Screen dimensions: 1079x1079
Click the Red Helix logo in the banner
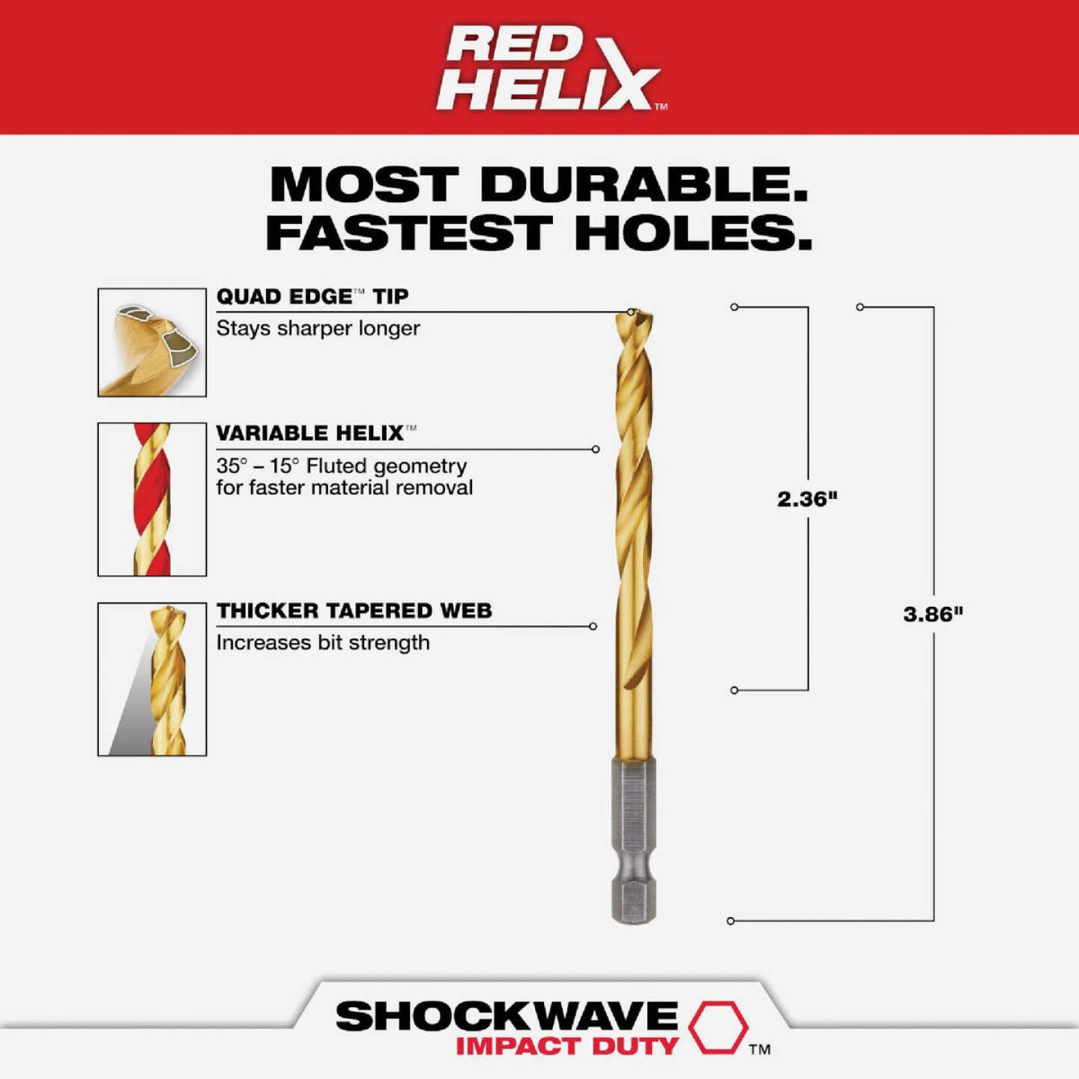(x=551, y=68)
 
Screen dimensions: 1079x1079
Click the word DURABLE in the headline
(x=644, y=184)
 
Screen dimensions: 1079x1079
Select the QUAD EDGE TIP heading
(x=312, y=297)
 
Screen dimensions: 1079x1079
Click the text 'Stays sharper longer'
(x=318, y=328)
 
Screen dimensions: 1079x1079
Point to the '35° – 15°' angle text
(x=257, y=466)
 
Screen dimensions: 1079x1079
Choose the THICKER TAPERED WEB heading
(x=354, y=611)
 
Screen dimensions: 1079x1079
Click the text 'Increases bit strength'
(x=323, y=643)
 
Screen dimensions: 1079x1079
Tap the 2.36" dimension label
(x=807, y=499)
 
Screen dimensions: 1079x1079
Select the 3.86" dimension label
(x=933, y=614)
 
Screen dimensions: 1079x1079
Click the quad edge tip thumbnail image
(x=152, y=342)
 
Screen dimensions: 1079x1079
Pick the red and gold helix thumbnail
(x=152, y=499)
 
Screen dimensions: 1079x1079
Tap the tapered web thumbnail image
(x=152, y=679)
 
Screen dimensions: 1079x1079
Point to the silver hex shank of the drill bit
(x=634, y=839)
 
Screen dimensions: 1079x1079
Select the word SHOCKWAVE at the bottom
(x=507, y=1017)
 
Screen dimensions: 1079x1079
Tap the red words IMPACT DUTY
(x=567, y=1046)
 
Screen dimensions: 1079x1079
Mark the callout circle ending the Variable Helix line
(x=596, y=450)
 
